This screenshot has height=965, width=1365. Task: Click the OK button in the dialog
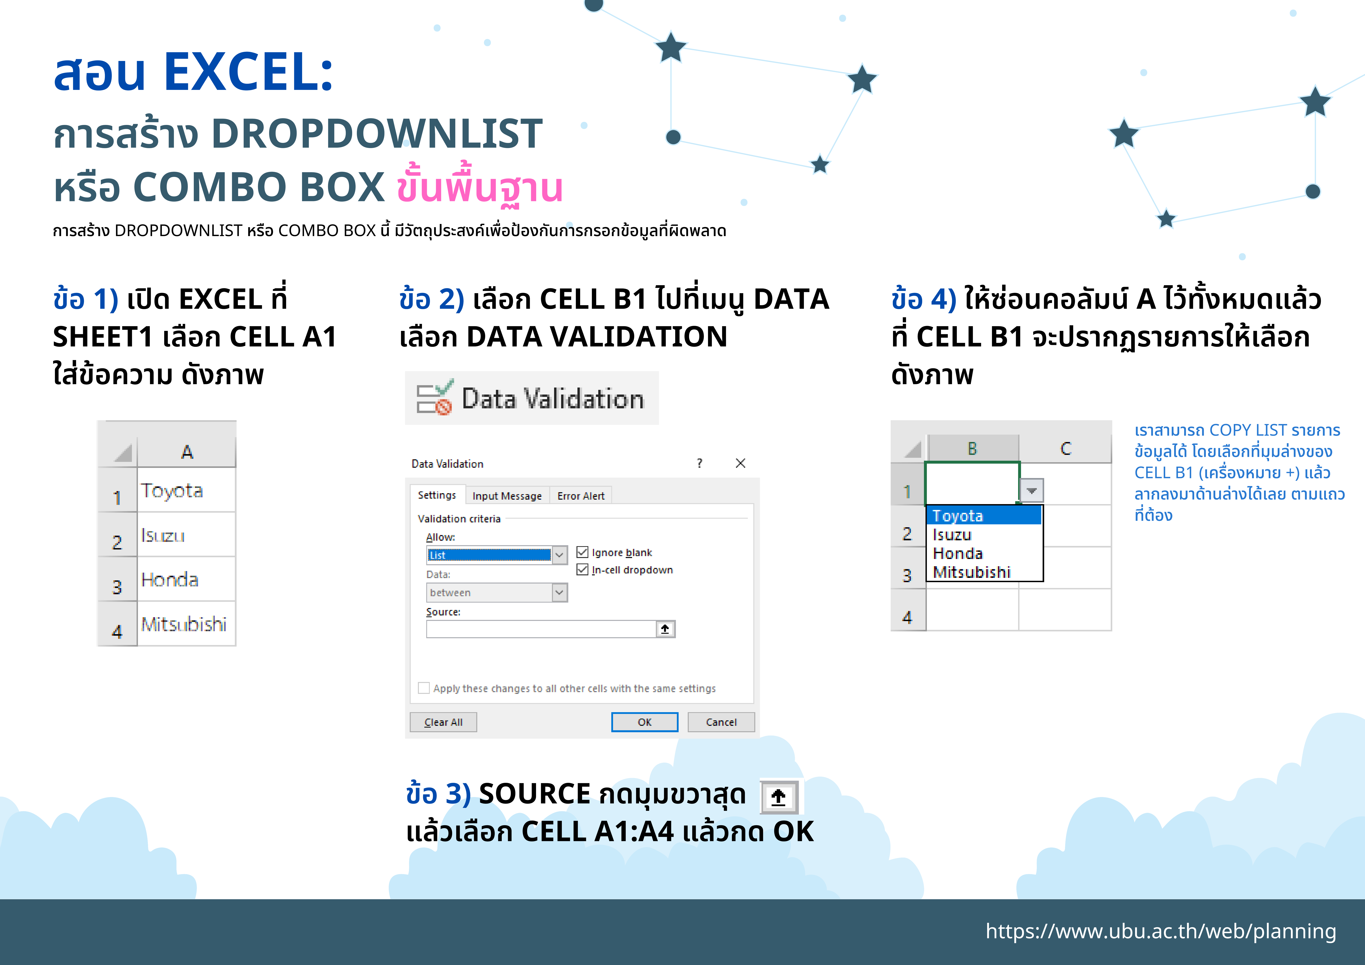click(x=644, y=722)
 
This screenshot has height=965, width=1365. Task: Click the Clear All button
click(x=444, y=722)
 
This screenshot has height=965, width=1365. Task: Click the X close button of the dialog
click(x=740, y=463)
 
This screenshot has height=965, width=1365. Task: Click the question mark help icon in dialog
click(x=700, y=463)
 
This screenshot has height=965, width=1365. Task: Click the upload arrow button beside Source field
click(x=665, y=629)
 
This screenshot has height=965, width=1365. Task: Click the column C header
click(x=1065, y=448)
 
